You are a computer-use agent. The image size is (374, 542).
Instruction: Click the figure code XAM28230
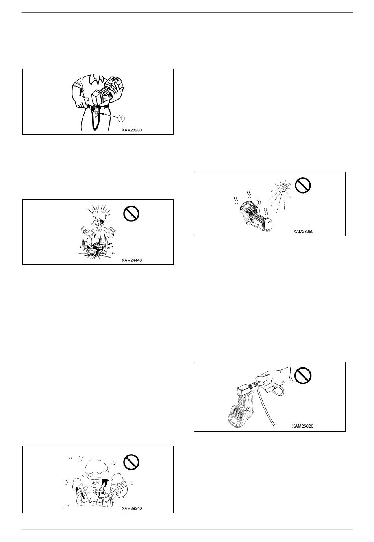pyautogui.click(x=132, y=130)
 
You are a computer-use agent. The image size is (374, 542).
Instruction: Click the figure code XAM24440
pyautogui.click(x=132, y=260)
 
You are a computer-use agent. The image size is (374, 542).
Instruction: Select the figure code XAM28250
pyautogui.click(x=303, y=231)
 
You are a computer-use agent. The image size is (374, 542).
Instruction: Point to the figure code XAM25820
pyautogui.click(x=302, y=426)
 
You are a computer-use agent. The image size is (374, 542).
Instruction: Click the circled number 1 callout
pyautogui.click(x=121, y=118)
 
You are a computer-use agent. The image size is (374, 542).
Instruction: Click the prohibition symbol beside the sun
pyautogui.click(x=303, y=185)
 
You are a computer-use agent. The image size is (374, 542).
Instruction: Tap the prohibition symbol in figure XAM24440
pyautogui.click(x=131, y=214)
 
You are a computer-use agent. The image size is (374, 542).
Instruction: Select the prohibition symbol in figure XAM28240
pyautogui.click(x=131, y=462)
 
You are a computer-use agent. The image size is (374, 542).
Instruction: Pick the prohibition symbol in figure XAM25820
pyautogui.click(x=303, y=375)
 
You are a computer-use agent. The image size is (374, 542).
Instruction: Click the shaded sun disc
pyautogui.click(x=283, y=187)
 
